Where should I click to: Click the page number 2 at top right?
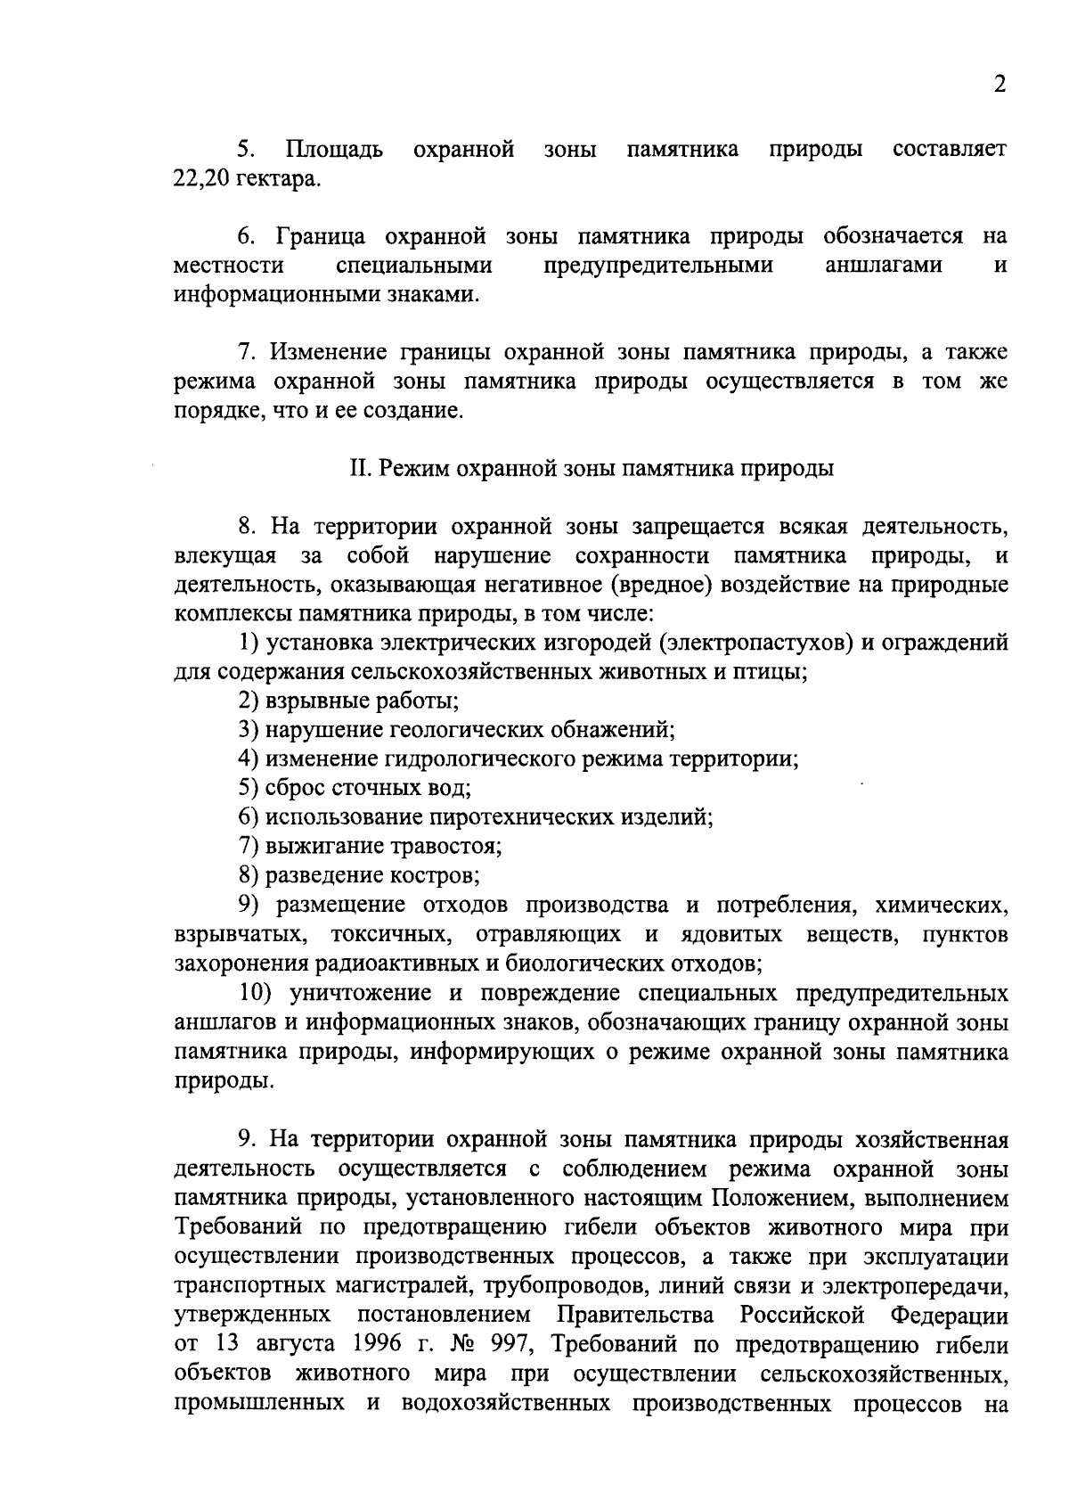click(1000, 86)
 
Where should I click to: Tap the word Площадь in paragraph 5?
click(334, 149)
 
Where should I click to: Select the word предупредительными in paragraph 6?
click(658, 266)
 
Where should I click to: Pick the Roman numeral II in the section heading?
click(359, 469)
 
